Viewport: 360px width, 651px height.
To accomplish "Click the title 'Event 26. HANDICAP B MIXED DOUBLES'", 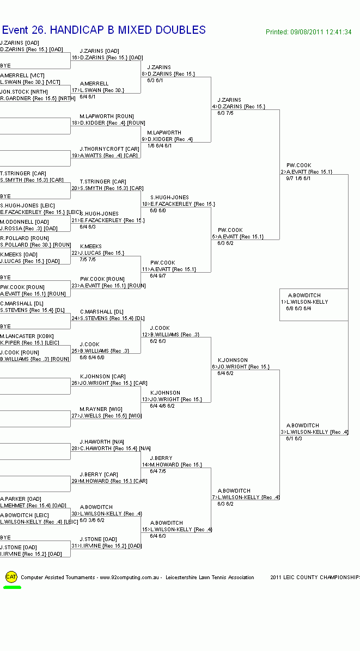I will coord(103,30).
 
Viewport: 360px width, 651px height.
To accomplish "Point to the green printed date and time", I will coord(308,32).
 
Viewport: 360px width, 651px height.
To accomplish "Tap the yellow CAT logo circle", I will coord(11,577).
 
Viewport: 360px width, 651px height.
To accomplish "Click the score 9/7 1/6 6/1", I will coord(298,179).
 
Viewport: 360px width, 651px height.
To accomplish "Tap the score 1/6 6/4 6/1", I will coord(160,146).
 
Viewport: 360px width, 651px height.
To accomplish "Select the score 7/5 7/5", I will coord(88,260).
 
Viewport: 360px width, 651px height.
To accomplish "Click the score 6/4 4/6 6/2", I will coord(162,406).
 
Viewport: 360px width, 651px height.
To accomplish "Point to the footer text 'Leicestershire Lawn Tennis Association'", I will coord(210,578).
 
